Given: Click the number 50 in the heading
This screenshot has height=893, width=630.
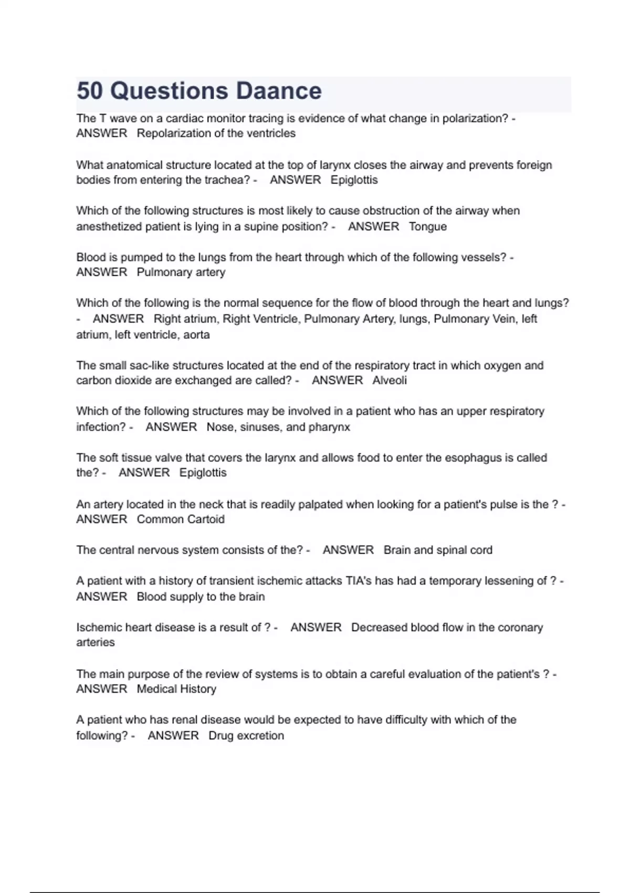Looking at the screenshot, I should tap(90, 91).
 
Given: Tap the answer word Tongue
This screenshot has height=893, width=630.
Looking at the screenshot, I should tap(428, 226).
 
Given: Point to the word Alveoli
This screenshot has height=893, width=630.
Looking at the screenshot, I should tap(390, 380).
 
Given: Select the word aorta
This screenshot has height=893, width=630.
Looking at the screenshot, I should tap(196, 335).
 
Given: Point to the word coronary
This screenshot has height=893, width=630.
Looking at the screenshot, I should tap(520, 627).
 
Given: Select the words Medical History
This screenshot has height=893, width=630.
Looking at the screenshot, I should tap(176, 689).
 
